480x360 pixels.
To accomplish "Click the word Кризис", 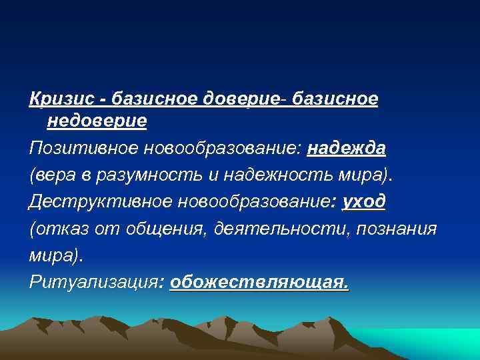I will coord(59,99).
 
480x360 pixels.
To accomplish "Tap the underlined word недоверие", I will coord(97,122).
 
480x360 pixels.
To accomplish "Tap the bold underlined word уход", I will coord(363,201).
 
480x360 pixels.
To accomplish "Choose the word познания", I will coord(397,229).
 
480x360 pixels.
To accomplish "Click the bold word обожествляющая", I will coord(258,282).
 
